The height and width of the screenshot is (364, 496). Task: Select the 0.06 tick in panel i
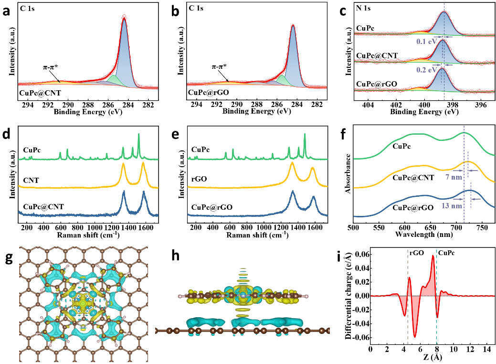tap(362, 254)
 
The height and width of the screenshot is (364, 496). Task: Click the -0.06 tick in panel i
tap(360, 337)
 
